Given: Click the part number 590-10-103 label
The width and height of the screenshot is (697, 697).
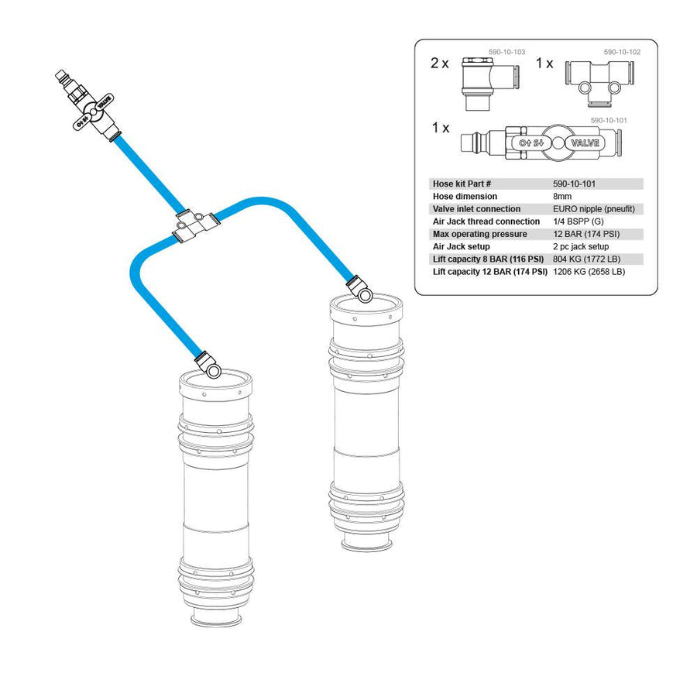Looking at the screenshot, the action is pos(506,52).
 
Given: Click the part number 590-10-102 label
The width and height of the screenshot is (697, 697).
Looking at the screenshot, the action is pos(622,52).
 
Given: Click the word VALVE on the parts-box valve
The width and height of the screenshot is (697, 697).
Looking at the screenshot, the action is pos(585,143).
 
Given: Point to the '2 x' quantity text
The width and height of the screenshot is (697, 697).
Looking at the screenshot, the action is pos(440,64).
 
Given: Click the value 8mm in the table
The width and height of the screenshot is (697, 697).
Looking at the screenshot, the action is pos(562,197).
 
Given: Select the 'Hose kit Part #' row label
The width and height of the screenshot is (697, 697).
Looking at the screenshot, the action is pos(462,184).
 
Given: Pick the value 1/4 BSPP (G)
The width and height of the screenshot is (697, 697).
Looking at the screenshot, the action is pos(578,221).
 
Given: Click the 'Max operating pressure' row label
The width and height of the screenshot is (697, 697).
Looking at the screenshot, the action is pos(479,234).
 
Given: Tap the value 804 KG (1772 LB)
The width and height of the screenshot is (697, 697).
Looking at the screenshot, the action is pos(586,259).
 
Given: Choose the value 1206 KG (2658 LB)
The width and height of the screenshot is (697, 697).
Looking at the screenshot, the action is pos(589,272).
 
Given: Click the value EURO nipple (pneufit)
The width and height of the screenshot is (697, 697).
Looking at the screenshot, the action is pos(593,209).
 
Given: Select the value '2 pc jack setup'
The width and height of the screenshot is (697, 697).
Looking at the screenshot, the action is pos(581,247).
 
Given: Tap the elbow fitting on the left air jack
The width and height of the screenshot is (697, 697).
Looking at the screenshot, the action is pos(208,365).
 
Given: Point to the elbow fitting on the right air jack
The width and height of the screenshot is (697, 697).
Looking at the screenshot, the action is pos(359,289).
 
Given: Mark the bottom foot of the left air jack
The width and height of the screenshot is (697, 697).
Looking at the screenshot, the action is pos(216,620).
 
